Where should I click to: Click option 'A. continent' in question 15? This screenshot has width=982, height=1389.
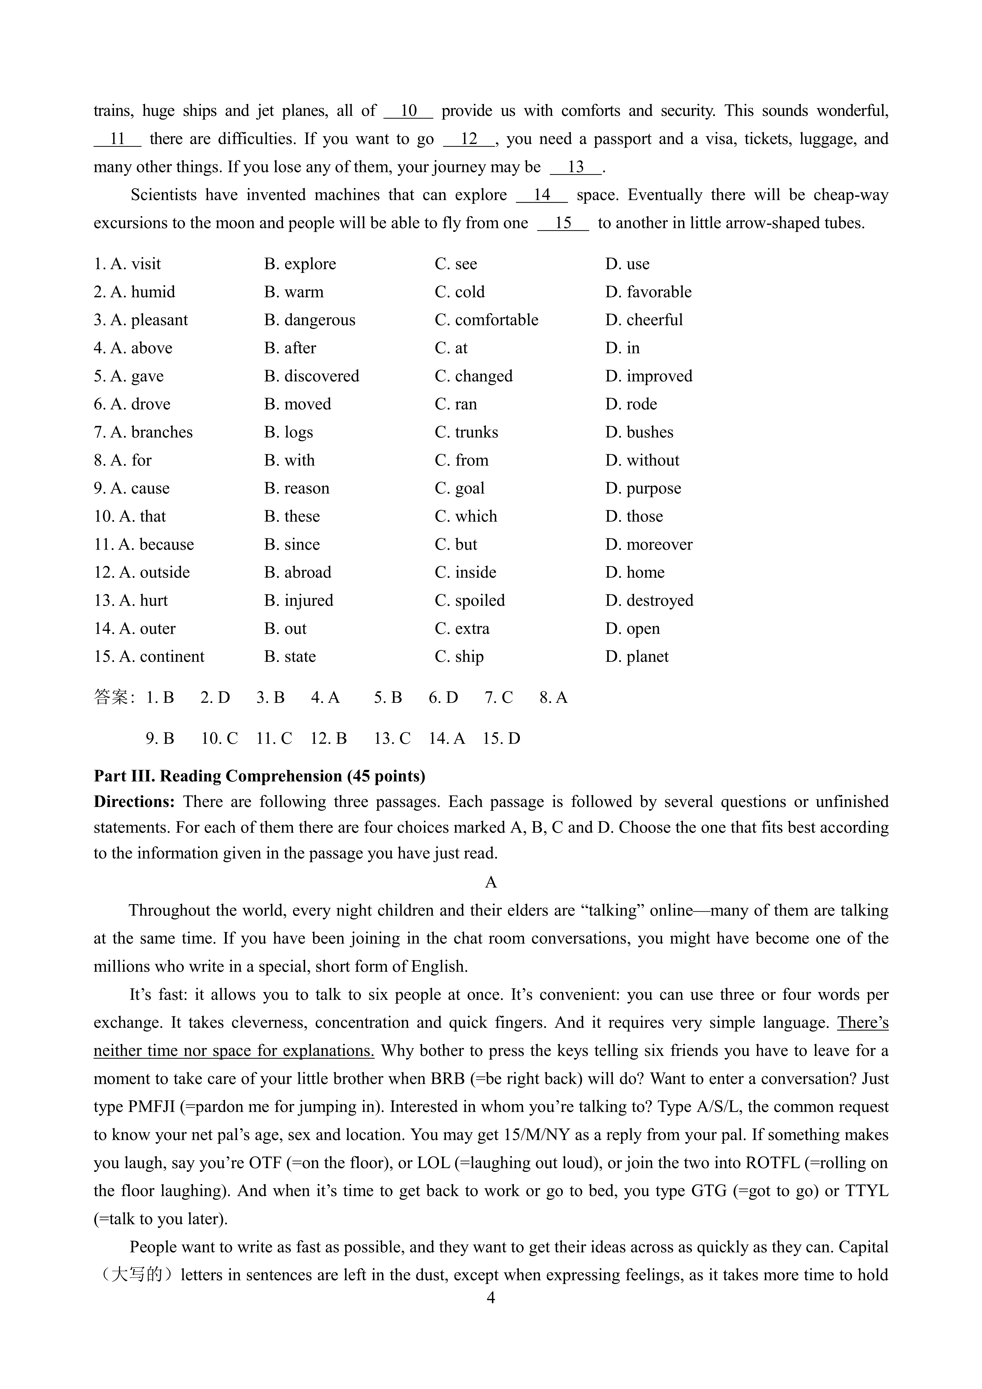(149, 657)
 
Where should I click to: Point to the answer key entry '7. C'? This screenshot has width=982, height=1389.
(499, 698)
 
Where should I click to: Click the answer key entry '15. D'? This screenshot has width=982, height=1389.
(502, 739)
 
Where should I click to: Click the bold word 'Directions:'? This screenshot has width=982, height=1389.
(134, 802)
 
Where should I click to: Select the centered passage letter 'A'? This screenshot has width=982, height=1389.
(491, 883)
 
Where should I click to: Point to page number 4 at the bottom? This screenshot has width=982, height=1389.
(491, 1298)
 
